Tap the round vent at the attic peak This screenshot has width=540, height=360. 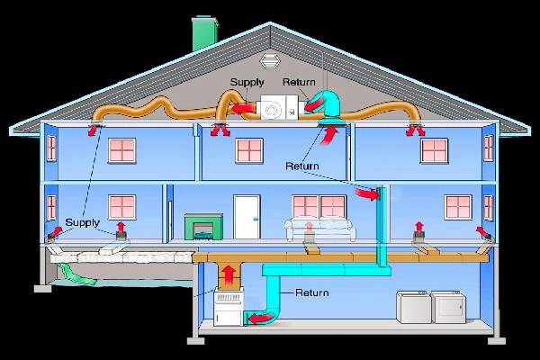267,63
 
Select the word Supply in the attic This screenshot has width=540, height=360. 247,83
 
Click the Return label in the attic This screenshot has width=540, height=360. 300,83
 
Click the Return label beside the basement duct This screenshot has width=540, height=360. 312,292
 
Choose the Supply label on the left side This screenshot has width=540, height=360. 83,222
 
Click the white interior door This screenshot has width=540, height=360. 246,216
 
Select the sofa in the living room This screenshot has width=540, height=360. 314,228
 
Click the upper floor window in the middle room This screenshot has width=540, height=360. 248,149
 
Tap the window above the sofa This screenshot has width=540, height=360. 307,207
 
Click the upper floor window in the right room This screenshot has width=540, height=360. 435,149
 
